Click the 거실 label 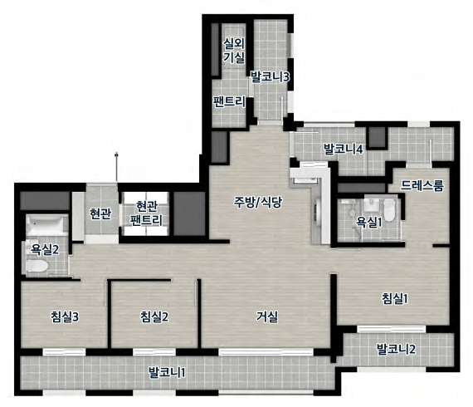(267, 316)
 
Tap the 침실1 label (395, 299)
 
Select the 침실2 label (154, 316)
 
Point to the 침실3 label (65, 316)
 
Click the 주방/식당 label (258, 202)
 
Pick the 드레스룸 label (422, 186)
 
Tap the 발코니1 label (167, 372)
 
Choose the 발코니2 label (396, 349)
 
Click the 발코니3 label (270, 76)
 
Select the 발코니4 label (343, 149)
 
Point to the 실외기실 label (234, 51)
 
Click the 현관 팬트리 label (146, 213)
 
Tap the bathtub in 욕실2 (46, 225)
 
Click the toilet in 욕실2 (37, 267)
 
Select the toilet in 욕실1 (389, 209)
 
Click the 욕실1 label (369, 223)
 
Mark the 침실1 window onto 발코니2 (391, 329)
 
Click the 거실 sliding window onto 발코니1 (266, 351)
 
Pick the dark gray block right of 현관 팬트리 (189, 213)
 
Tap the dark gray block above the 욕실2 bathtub (45, 201)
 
